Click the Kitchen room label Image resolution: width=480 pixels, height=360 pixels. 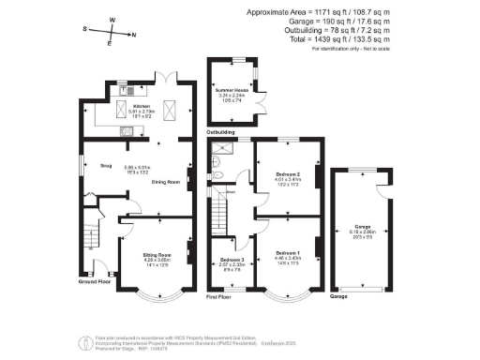(x=142, y=107)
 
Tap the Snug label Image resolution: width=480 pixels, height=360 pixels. (x=93, y=165)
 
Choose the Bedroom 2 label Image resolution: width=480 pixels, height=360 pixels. (x=289, y=174)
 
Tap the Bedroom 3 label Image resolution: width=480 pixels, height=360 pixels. (x=232, y=259)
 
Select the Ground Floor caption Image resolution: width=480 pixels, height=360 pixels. (x=93, y=280)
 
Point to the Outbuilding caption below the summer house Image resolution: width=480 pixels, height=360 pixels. (x=221, y=132)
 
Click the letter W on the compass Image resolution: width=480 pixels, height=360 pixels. (x=112, y=19)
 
